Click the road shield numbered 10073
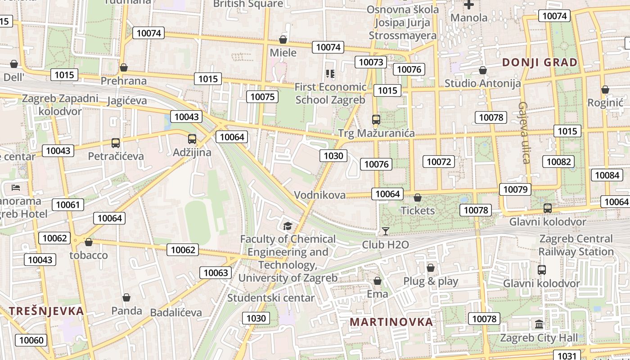371,62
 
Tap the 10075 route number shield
262,96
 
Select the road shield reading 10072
439,162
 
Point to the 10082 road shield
558,162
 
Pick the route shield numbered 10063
216,272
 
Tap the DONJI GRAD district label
540,63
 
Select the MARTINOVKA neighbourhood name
391,322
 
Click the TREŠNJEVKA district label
46,311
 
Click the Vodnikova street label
320,195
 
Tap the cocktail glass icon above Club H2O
385,231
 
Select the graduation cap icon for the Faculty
288,226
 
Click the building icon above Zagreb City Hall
539,324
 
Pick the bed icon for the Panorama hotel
16,187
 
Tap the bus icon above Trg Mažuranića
376,120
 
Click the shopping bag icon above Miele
283,40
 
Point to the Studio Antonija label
482,83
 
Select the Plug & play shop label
430,282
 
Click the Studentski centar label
271,297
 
